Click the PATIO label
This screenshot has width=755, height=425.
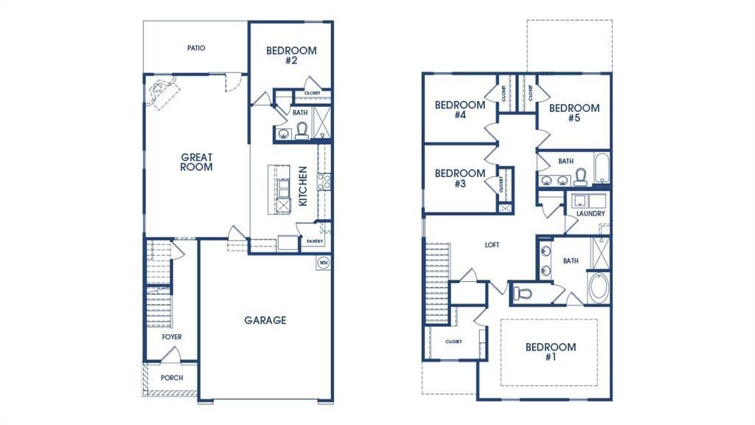[195, 48]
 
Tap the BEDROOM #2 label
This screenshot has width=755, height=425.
[291, 55]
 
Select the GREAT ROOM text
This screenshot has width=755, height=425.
[197, 162]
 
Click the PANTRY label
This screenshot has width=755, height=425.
[314, 241]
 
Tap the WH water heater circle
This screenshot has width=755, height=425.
[323, 262]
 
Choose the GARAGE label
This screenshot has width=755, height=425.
[265, 320]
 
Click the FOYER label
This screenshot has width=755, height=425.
[172, 337]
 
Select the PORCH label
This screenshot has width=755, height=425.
[172, 378]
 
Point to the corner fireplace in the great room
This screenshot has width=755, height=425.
[161, 94]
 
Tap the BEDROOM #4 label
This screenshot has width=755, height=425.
[459, 110]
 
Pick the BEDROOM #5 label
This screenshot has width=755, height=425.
[574, 112]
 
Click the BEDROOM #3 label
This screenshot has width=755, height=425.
[459, 179]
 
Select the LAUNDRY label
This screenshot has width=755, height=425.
[591, 214]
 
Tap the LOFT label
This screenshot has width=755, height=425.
[492, 245]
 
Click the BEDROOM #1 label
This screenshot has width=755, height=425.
[550, 352]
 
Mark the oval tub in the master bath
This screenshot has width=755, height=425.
[598, 288]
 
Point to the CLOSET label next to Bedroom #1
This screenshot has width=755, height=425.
[453, 342]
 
